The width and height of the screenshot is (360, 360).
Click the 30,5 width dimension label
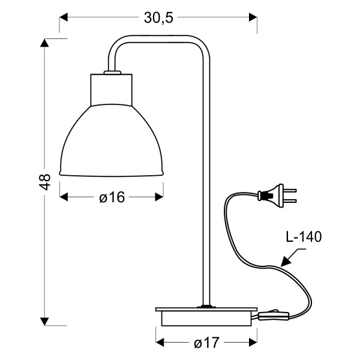pyautogui.click(x=158, y=18)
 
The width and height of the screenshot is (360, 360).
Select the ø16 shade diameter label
pyautogui.click(x=112, y=197)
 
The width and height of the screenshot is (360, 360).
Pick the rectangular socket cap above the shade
pyautogui.click(x=112, y=89)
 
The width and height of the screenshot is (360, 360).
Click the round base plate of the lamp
pyautogui.click(x=203, y=316)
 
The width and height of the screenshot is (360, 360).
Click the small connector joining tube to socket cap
pyautogui.click(x=112, y=73)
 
